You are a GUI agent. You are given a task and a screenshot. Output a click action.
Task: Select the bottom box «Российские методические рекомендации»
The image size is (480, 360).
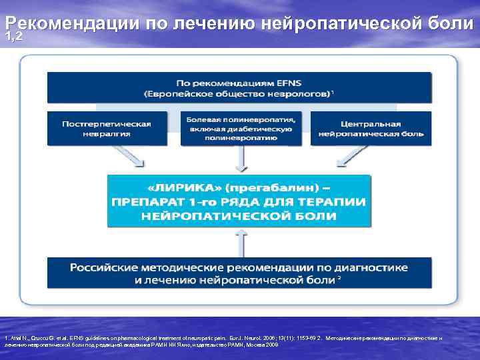pyautogui.click(x=239, y=273)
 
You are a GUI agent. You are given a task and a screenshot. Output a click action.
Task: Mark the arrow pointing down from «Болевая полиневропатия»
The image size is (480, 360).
pyautogui.click(x=241, y=159)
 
